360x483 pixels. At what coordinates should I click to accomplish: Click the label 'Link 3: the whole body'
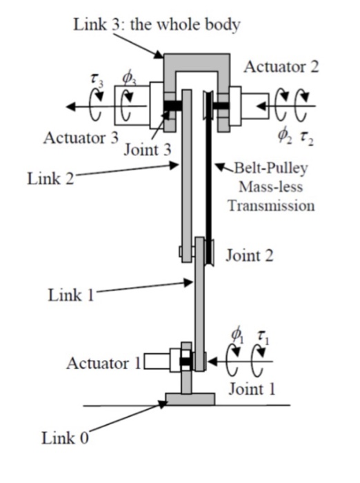pyautogui.click(x=157, y=25)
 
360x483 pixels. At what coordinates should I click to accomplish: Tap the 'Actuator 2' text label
pyautogui.click(x=281, y=67)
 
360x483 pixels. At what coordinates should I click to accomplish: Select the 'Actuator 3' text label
pyautogui.click(x=81, y=137)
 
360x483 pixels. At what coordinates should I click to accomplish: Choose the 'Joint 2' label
pyautogui.click(x=250, y=255)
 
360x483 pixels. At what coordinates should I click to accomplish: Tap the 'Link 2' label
pyautogui.click(x=50, y=179)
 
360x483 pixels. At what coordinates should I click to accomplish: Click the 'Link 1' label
pyautogui.click(x=70, y=295)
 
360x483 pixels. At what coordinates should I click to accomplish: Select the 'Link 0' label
pyautogui.click(x=65, y=438)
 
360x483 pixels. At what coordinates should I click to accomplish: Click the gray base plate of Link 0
pyautogui.click(x=190, y=398)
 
